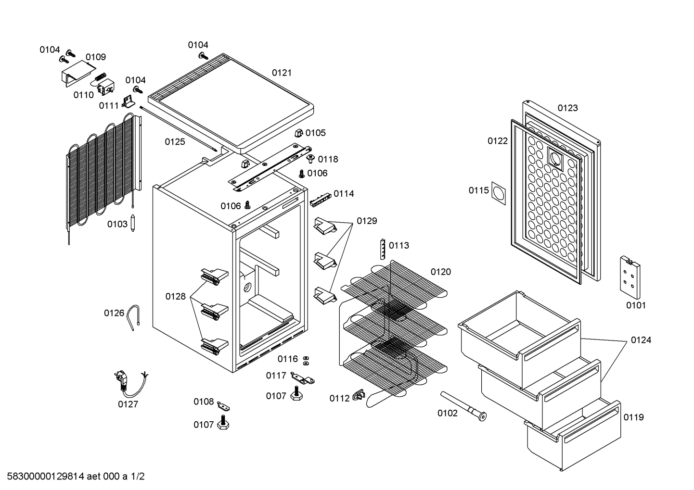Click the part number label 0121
(282, 73)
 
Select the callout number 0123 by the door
(567, 108)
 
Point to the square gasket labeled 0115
(499, 193)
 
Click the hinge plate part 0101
(630, 277)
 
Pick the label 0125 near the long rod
(175, 142)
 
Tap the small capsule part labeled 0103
(133, 223)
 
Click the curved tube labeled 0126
(133, 317)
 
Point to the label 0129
(367, 221)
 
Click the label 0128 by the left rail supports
(175, 296)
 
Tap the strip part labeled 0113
(383, 249)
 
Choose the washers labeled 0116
(306, 360)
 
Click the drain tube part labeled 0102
(463, 406)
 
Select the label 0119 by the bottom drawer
(633, 417)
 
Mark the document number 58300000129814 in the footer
(46, 476)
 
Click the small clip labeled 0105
(298, 133)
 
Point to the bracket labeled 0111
(128, 101)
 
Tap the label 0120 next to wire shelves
(440, 272)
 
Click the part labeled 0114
(321, 200)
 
